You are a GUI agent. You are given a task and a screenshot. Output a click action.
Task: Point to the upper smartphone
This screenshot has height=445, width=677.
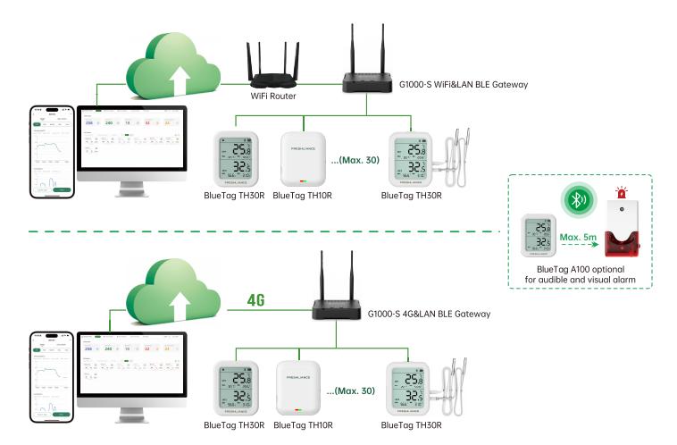coord(51,154)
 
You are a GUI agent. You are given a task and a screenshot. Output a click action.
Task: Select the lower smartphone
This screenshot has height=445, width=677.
coord(51,379)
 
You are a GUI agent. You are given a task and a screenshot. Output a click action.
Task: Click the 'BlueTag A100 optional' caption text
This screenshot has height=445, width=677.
coord(577,268)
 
